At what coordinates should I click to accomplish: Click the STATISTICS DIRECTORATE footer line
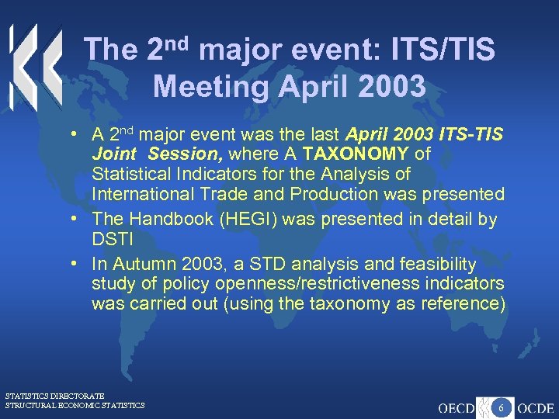click(x=54, y=396)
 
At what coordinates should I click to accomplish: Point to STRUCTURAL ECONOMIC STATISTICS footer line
click(x=75, y=405)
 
